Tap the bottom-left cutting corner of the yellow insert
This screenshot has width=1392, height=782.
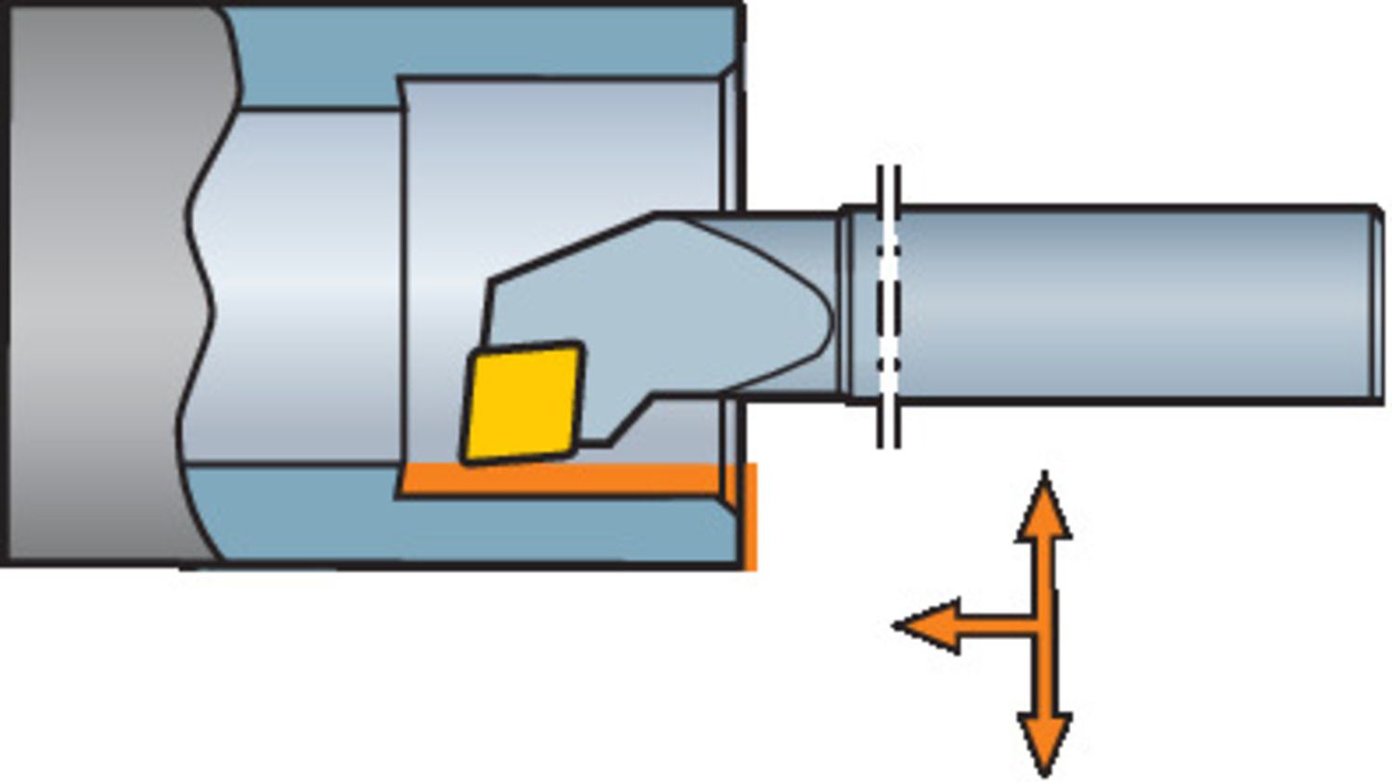coord(466,457)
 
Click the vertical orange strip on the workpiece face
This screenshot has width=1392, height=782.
coord(750,515)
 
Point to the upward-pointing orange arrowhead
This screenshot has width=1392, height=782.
coord(1045,510)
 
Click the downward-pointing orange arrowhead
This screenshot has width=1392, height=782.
coord(1045,742)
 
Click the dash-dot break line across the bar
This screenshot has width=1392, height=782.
coord(888,306)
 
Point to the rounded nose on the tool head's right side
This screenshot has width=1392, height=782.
coord(821,320)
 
